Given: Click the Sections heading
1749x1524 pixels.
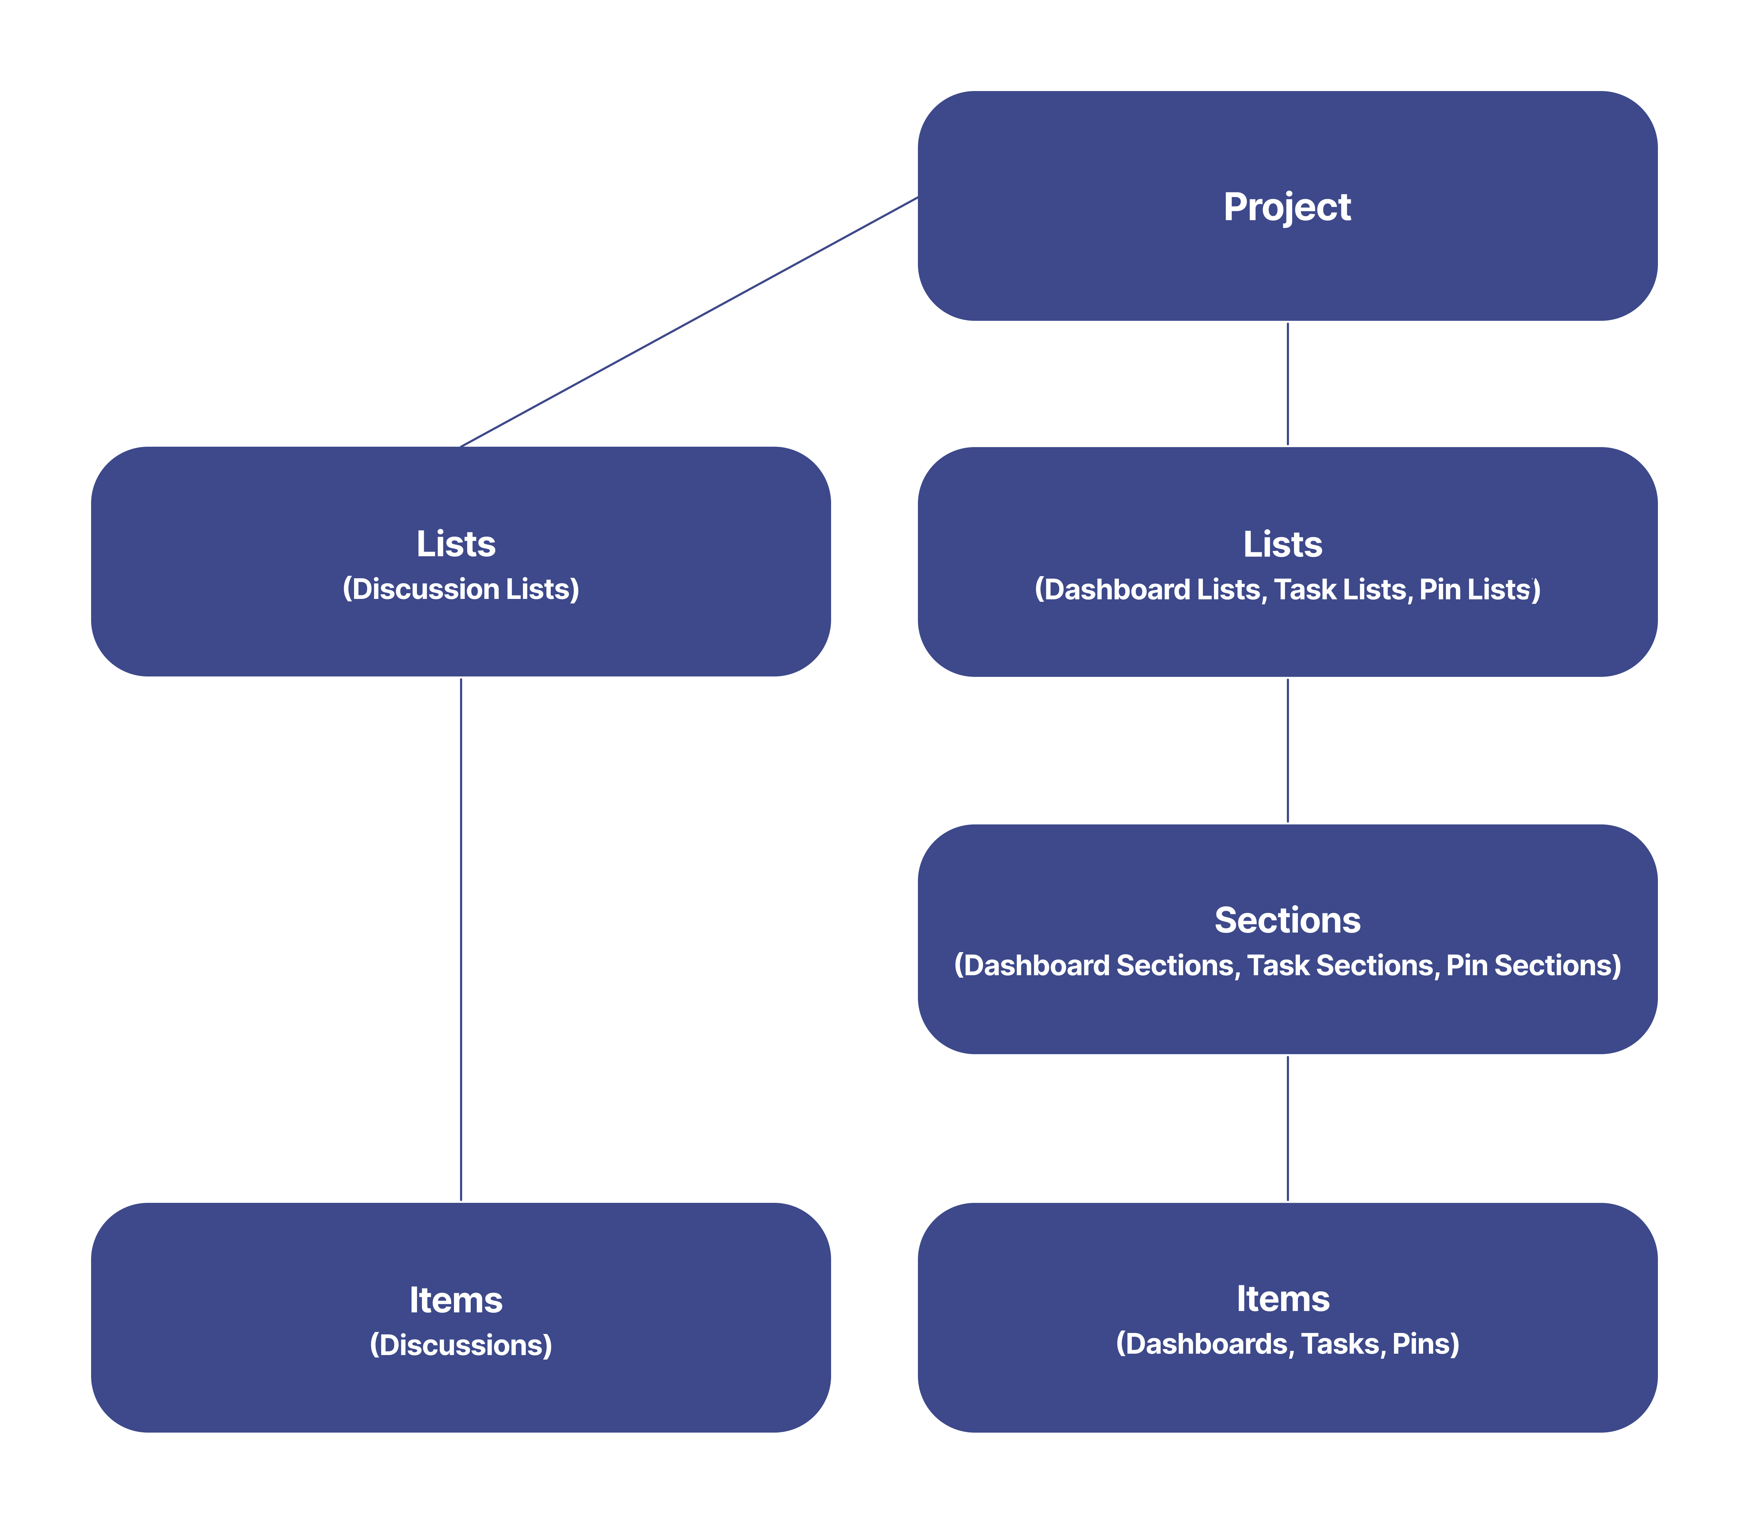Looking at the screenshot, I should [1287, 920].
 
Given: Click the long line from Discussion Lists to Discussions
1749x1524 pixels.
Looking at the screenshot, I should [461, 939].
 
